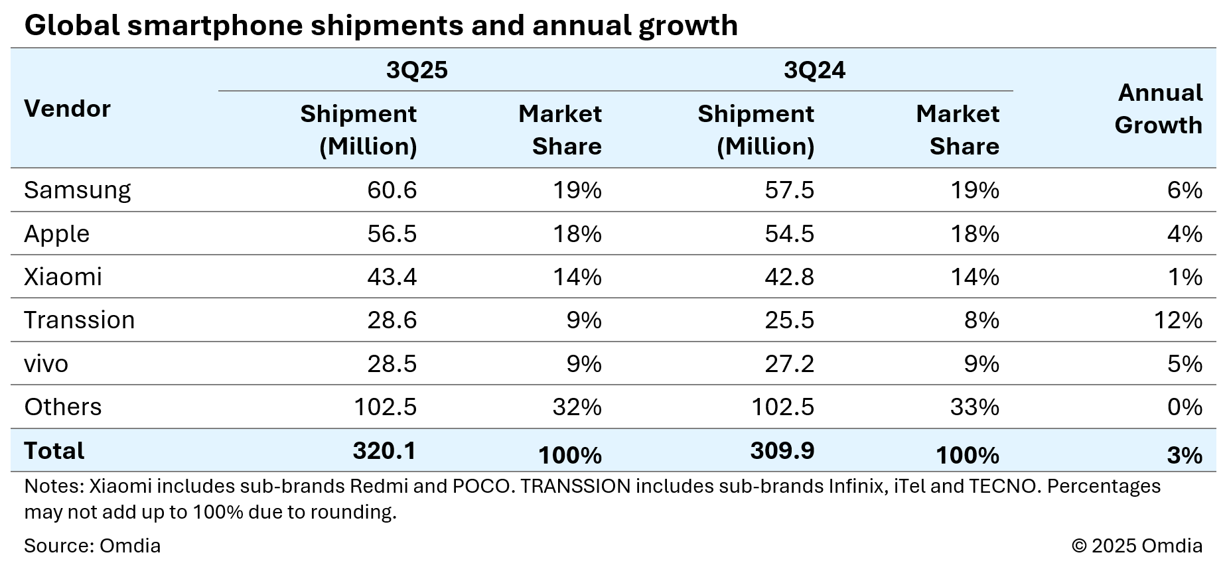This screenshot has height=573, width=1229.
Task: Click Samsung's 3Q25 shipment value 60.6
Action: pos(392,190)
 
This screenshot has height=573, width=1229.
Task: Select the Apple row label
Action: pos(56,234)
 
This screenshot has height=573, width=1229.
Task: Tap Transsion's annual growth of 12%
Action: pos(1178,320)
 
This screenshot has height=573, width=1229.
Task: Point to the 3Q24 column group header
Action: pos(814,70)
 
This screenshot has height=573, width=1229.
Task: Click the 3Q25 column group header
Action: pos(417,70)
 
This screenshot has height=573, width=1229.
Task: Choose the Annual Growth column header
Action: pos(1159,109)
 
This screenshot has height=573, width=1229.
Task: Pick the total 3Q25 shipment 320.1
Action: pos(384,451)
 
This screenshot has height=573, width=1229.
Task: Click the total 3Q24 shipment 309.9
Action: pos(782,451)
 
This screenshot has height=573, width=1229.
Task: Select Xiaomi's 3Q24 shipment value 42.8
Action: pos(789,277)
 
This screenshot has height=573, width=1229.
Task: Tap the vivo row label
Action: pos(46,364)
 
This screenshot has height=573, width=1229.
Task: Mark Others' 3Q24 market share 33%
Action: pos(974,407)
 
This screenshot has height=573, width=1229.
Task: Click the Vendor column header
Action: pos(67,109)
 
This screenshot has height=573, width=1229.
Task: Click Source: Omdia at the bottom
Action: pos(92,546)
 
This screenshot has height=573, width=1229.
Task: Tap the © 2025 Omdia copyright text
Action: pos(1137,546)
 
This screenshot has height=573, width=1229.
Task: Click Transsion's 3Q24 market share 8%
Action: pos(981,320)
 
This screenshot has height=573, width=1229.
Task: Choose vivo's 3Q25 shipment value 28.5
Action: pos(392,364)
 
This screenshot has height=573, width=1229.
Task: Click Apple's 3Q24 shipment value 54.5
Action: pos(789,234)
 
